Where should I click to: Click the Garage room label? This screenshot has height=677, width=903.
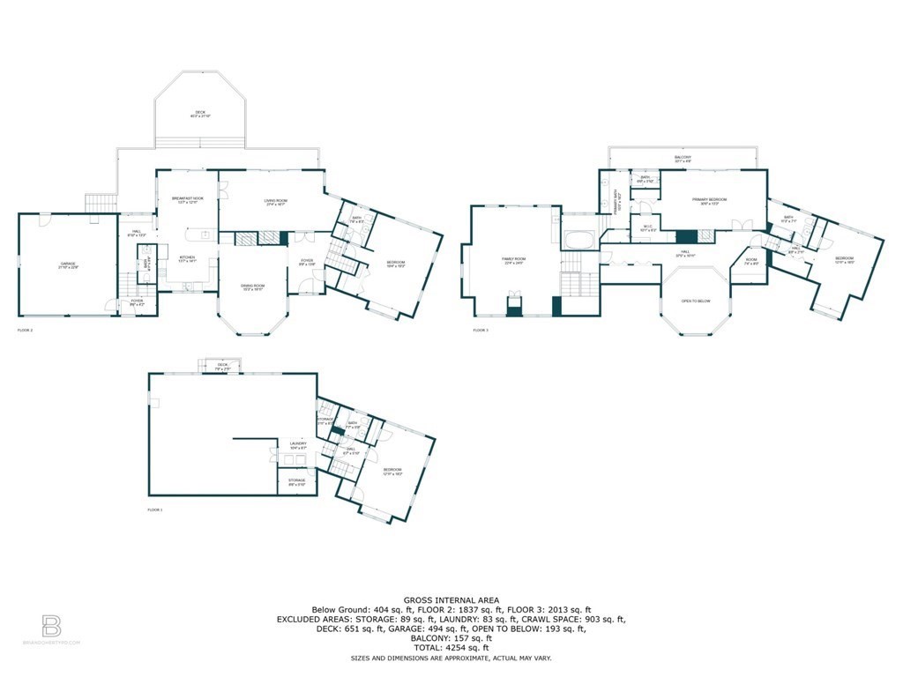pos(67,264)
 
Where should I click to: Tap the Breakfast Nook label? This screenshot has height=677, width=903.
pos(186,200)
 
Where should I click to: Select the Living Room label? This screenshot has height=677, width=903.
pos(276,202)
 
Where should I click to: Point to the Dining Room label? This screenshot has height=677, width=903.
pos(253,286)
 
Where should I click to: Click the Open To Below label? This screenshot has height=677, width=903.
pos(696,301)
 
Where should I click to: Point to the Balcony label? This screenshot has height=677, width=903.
pos(683,159)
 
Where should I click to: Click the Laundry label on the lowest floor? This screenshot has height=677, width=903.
pos(297,445)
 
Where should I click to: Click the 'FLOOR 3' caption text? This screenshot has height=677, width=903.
pos(480,331)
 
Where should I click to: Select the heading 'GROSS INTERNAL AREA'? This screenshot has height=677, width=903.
pos(451,599)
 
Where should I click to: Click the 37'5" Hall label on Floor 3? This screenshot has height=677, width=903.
pos(685,256)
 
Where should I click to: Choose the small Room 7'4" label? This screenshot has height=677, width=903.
pos(750,261)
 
